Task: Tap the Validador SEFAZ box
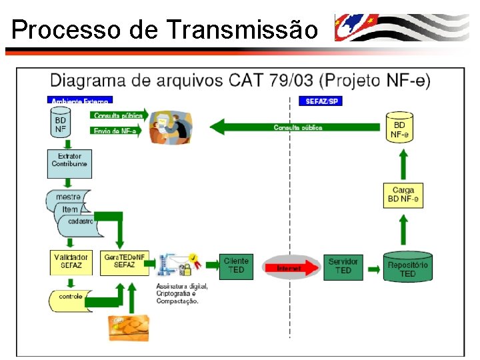coord(70,261)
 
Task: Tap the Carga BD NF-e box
coord(403,194)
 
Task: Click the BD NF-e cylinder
coord(399,127)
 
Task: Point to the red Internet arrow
coord(289,268)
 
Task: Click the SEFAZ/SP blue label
coord(321,101)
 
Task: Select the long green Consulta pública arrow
coord(297,127)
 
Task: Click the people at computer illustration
coord(170,127)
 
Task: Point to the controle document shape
coord(69,297)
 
